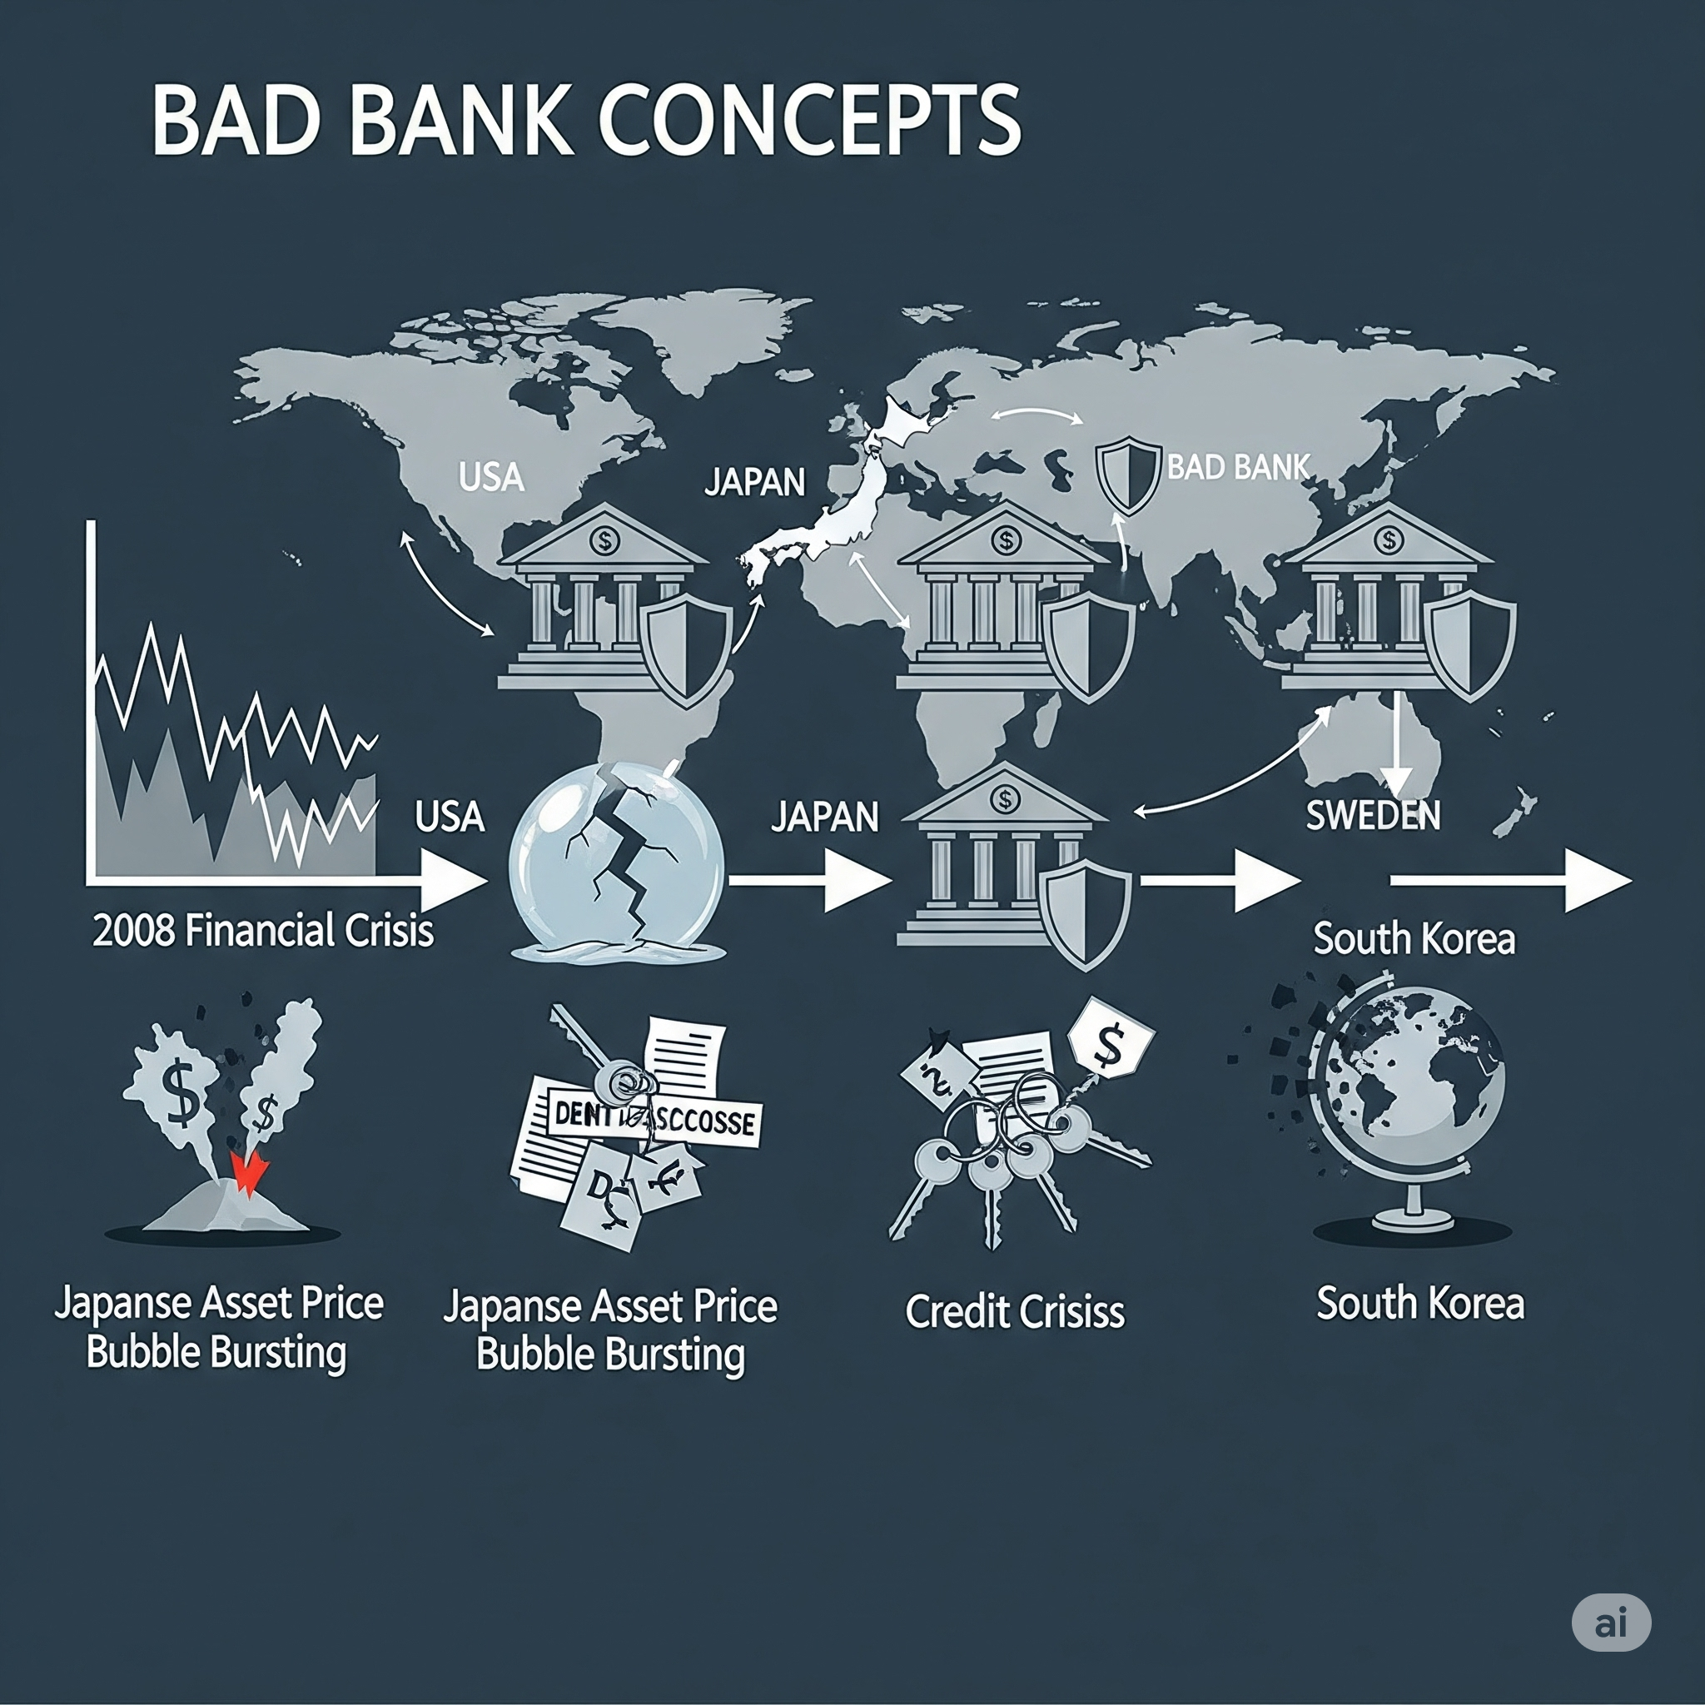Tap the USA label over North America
tap(491, 477)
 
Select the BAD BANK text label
tap(1237, 467)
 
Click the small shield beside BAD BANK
tap(1128, 476)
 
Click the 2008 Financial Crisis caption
tap(263, 931)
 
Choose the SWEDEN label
tap(1372, 814)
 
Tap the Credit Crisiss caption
tap(1015, 1311)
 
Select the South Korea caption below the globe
tap(1420, 1304)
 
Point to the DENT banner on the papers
tap(653, 1119)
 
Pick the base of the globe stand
tap(1412, 1220)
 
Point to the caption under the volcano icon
tap(218, 1327)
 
